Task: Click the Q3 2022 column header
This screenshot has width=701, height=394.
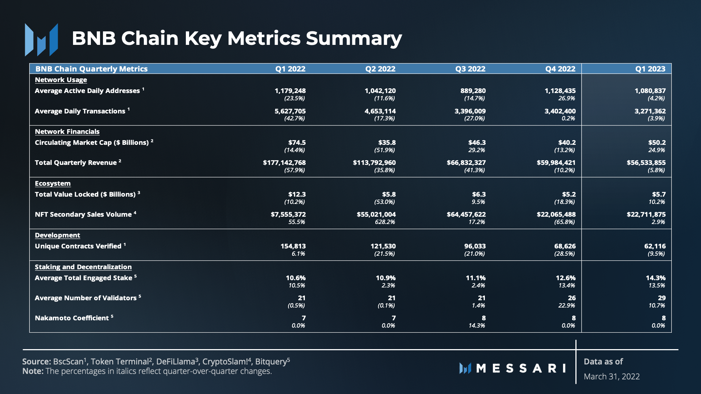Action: pyautogui.click(x=470, y=69)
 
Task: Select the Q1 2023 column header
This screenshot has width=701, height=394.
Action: pyautogui.click(x=650, y=69)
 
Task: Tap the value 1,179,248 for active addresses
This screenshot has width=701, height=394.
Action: pyautogui.click(x=290, y=91)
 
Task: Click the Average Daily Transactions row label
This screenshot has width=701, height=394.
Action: pyautogui.click(x=80, y=111)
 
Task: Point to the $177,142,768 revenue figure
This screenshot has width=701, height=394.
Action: pyautogui.click(x=284, y=163)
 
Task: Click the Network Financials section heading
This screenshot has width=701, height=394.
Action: pyautogui.click(x=67, y=132)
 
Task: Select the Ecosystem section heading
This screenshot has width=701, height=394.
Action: pyautogui.click(x=53, y=184)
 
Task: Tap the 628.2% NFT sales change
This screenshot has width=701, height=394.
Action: pyautogui.click(x=385, y=222)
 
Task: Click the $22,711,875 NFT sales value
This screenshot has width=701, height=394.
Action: pyautogui.click(x=646, y=215)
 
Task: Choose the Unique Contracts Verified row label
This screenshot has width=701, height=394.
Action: pyautogui.click(x=78, y=246)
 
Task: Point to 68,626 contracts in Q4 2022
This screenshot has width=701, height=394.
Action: pyautogui.click(x=565, y=246)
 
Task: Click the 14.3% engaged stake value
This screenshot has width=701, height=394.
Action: pyautogui.click(x=655, y=278)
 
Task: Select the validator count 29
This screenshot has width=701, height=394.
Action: pyautogui.click(x=662, y=298)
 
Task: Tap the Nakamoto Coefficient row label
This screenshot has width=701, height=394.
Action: pyautogui.click(x=72, y=318)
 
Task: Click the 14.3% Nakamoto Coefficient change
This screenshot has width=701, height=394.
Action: pyautogui.click(x=477, y=325)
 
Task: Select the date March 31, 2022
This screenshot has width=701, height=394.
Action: pyautogui.click(x=612, y=376)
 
